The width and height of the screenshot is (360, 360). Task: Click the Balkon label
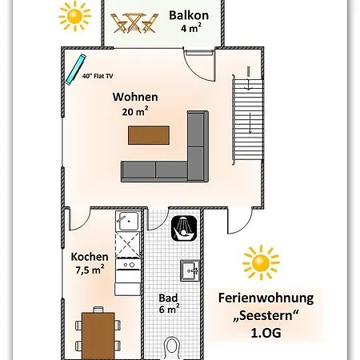point(189,14)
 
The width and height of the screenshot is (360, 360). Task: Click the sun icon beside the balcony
point(75,15)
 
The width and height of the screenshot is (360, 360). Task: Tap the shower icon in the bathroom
point(182,228)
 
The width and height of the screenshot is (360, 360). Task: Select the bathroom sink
point(189,270)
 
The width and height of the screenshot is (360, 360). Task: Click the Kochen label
point(90,256)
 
